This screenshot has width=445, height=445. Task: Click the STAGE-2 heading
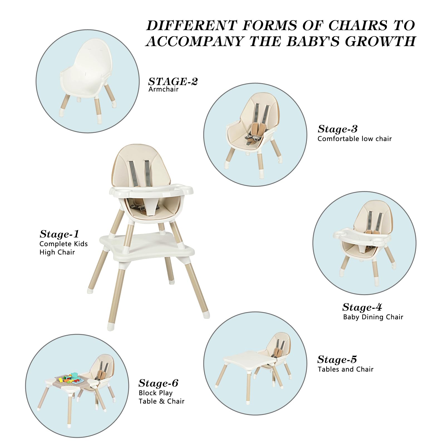pyautogui.click(x=173, y=81)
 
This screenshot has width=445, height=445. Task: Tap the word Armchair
pyautogui.click(x=163, y=89)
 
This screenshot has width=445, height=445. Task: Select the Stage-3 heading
pyautogui.click(x=337, y=129)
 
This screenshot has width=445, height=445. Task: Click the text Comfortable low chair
pyautogui.click(x=354, y=139)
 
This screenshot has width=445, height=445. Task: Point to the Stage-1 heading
pyautogui.click(x=59, y=234)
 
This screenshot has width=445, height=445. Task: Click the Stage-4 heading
pyautogui.click(x=362, y=307)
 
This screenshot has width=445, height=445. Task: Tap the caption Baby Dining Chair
pyautogui.click(x=373, y=317)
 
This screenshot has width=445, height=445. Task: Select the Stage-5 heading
pyautogui.click(x=337, y=360)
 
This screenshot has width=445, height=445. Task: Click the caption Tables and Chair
pyautogui.click(x=345, y=369)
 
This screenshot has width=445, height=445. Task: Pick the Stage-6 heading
pyautogui.click(x=158, y=383)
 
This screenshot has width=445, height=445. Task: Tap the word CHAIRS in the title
pyautogui.click(x=358, y=26)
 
